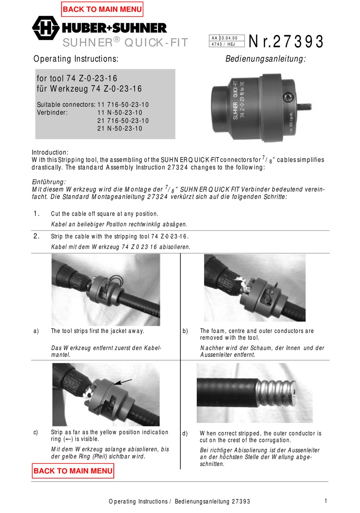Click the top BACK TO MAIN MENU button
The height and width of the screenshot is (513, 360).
coord(102,9)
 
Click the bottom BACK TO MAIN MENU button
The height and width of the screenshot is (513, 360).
coord(73,471)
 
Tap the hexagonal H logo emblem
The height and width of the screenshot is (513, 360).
coord(45,28)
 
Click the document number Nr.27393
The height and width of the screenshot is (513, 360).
coord(286,42)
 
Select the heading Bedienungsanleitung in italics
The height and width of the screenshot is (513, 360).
coord(265,59)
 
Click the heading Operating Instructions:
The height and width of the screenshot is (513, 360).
coord(76,59)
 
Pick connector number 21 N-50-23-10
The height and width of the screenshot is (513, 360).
coord(120,128)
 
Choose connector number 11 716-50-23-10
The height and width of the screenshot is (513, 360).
coord(123,105)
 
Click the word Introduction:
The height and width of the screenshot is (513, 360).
coord(50,152)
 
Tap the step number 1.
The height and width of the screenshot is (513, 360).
coord(36,214)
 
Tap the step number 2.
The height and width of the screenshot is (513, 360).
coord(36,236)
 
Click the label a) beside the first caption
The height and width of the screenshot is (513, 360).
coord(36,331)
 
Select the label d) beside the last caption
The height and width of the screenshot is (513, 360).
coord(185,433)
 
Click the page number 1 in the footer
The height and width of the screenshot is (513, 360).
coord(326,501)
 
